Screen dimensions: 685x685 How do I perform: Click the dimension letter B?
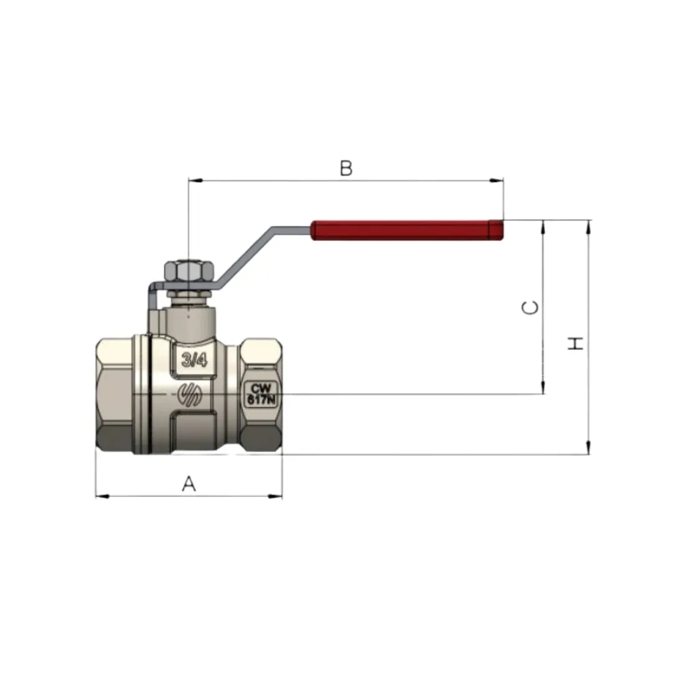pos(346,168)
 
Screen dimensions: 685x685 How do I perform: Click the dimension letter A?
pos(189,484)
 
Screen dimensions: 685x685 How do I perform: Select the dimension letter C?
pos(531,308)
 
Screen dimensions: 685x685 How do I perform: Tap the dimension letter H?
pos(575,343)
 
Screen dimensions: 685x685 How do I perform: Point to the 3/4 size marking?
pos(194,360)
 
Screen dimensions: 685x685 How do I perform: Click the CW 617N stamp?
pos(262,394)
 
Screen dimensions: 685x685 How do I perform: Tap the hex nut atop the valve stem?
pos(189,271)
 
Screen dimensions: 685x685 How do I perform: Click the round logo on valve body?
pos(189,394)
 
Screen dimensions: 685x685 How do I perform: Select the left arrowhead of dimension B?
pos(195,180)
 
